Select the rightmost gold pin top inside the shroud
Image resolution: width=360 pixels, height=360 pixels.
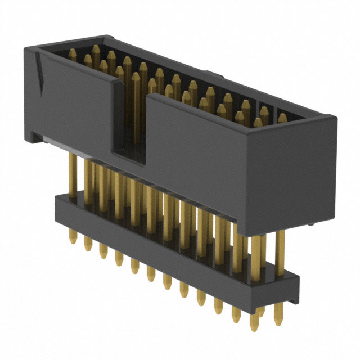282,118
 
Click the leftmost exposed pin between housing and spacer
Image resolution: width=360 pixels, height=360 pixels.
72,174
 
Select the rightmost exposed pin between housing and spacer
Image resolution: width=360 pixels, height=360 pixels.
280,247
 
